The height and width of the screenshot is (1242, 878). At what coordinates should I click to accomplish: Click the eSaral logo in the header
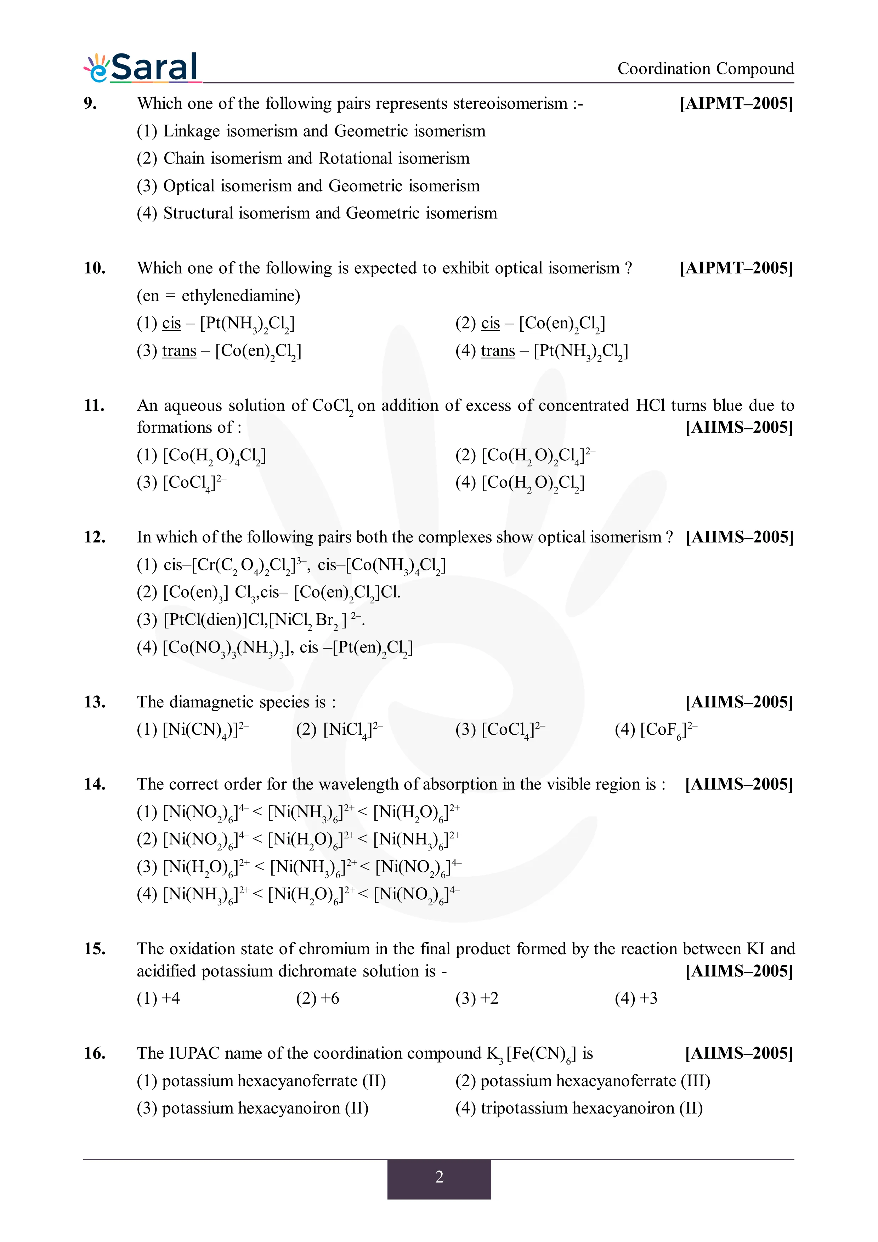[x=142, y=68]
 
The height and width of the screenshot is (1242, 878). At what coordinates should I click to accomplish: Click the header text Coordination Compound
[x=706, y=69]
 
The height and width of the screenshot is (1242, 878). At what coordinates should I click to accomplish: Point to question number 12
[x=94, y=537]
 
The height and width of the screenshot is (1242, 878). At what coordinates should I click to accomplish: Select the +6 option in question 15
[x=318, y=998]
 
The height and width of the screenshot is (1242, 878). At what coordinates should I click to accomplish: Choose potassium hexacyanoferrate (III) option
[x=583, y=1081]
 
